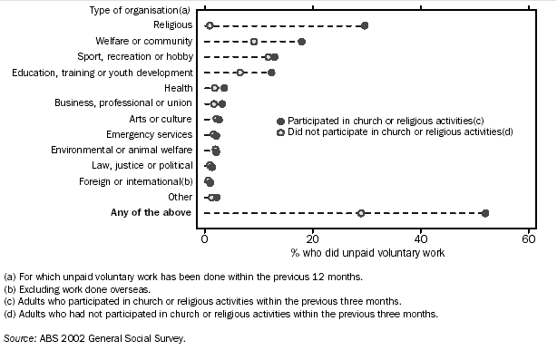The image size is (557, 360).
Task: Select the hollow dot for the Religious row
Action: (210, 25)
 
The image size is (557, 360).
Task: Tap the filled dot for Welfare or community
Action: (302, 41)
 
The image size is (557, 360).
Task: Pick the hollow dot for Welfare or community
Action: (254, 41)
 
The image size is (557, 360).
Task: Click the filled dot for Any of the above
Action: (485, 213)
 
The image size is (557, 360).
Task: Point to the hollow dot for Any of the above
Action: (361, 213)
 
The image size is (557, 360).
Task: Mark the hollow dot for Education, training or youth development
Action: (240, 72)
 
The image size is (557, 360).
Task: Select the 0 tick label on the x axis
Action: (205, 238)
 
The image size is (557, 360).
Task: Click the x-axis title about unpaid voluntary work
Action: (367, 252)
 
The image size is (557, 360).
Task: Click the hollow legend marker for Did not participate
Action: (280, 132)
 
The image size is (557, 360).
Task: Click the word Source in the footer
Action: (18, 338)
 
